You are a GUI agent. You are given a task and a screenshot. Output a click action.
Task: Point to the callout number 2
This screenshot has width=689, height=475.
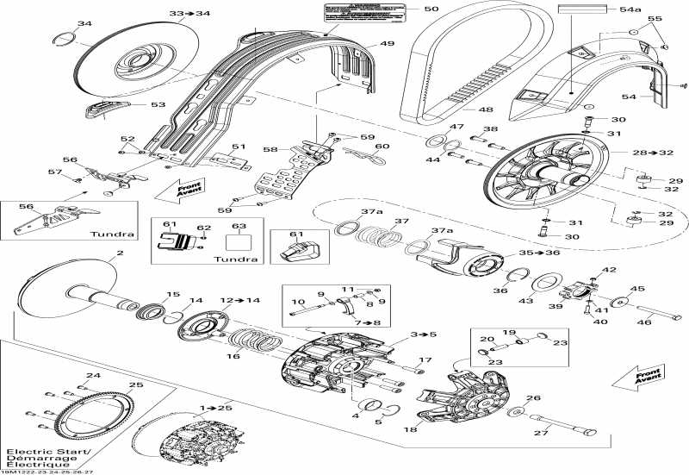coord(120,253)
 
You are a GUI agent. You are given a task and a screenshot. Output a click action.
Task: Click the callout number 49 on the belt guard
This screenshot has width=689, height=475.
coord(387,44)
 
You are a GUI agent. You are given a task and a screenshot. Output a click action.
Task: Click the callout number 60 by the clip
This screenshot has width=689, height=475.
coord(382,147)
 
